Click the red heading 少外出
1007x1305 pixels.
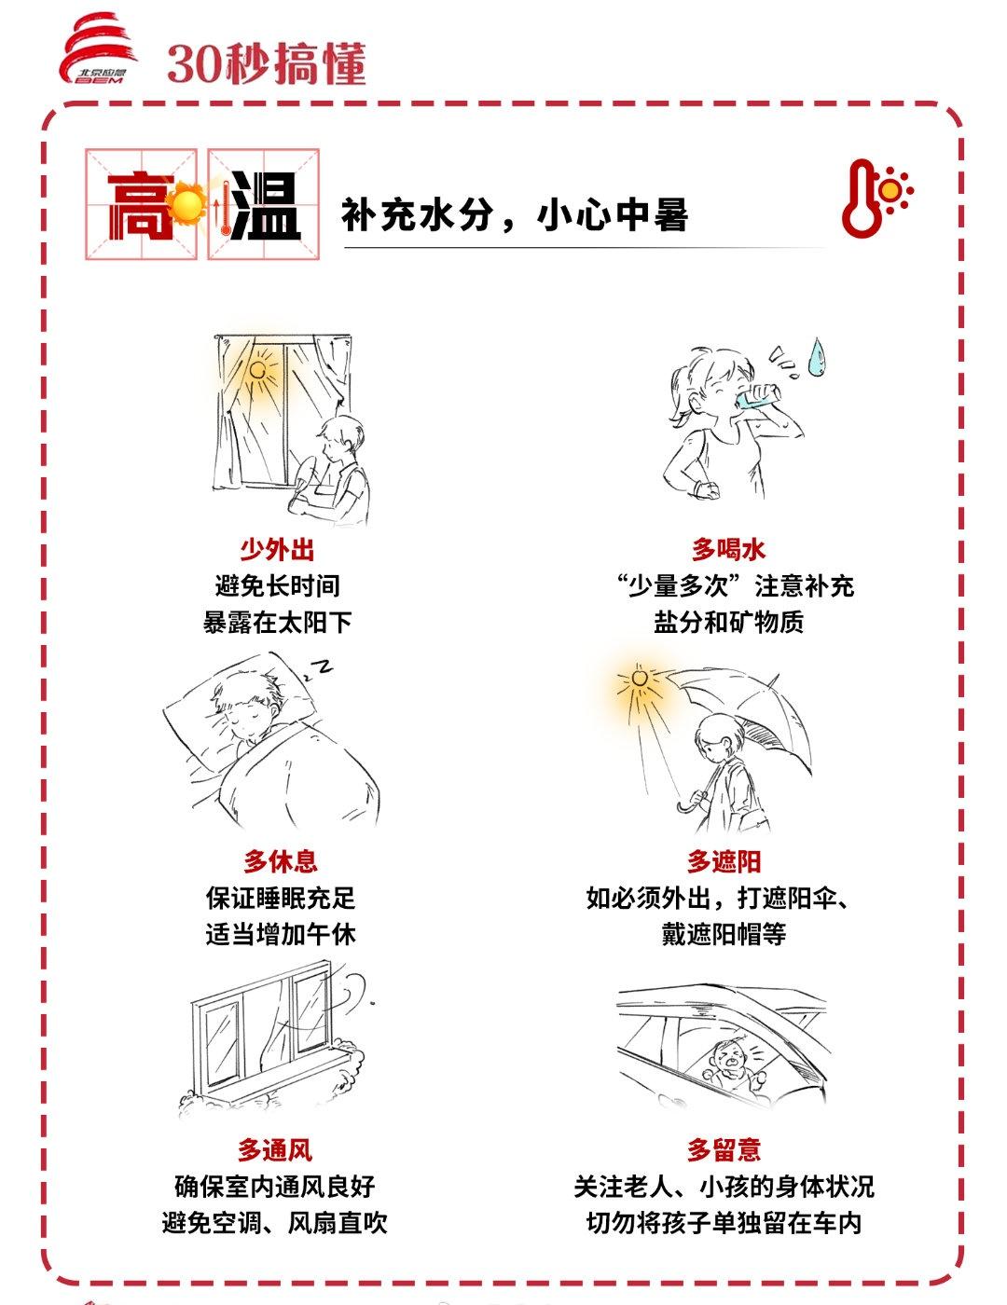point(277,549)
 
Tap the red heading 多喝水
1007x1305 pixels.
point(728,549)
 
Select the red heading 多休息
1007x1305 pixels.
point(281,861)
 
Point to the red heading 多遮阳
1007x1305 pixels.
point(724,861)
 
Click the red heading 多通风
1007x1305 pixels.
point(275,1149)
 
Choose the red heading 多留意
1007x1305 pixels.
point(724,1149)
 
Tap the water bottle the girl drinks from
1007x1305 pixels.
point(758,396)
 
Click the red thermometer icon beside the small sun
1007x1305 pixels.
point(862,199)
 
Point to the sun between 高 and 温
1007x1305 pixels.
point(188,203)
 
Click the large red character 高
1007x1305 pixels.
point(140,205)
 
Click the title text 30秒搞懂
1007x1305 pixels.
point(267,63)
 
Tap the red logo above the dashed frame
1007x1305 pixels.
point(97,49)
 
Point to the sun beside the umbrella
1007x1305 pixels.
point(640,679)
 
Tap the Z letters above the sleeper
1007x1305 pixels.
point(319,667)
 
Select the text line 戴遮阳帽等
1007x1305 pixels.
point(724,934)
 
